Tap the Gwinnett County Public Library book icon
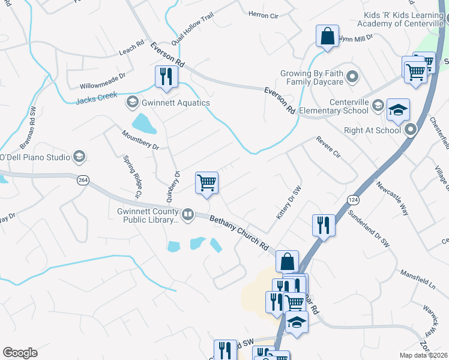tap(188, 214)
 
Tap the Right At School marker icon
tap(411, 129)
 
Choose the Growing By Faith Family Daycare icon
tap(353, 77)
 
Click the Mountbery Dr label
tap(140, 140)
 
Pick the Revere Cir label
tap(328, 147)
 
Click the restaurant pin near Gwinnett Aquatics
tap(164, 76)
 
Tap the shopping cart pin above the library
tap(207, 182)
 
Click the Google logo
tap(20, 353)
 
